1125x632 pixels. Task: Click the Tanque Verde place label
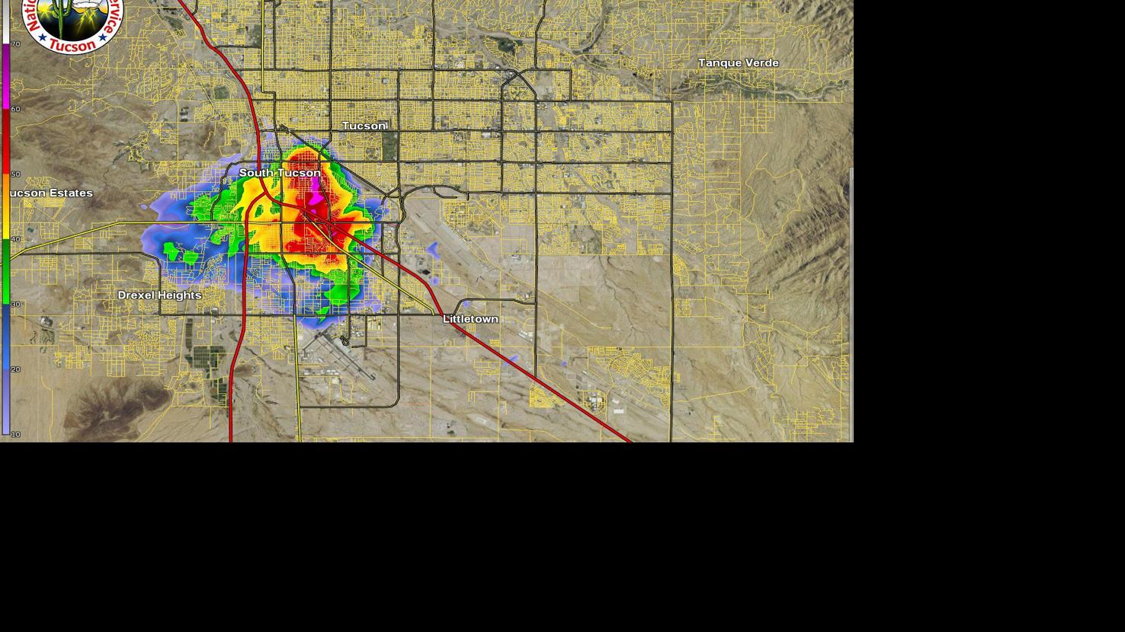[738, 63]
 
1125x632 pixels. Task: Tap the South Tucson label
[280, 173]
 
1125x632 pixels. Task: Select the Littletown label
[470, 319]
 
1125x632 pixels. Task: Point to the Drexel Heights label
[159, 295]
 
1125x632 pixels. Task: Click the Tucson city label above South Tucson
[364, 126]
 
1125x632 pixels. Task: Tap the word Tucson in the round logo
[72, 46]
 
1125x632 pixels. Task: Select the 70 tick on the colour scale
[15, 44]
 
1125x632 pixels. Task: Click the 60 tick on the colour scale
[15, 109]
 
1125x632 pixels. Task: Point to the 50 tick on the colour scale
[15, 174]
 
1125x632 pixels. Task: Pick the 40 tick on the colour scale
[15, 239]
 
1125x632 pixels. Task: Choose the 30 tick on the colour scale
[15, 305]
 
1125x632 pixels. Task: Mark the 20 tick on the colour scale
[15, 369]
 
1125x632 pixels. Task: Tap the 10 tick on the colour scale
[15, 434]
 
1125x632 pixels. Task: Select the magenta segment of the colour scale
[6, 76]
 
